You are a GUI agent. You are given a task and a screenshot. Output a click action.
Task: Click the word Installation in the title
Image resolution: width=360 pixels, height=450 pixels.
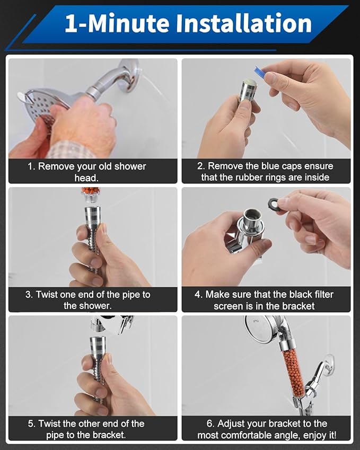[244, 23]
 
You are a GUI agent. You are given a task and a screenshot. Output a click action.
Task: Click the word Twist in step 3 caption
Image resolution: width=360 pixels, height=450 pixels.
[47, 295]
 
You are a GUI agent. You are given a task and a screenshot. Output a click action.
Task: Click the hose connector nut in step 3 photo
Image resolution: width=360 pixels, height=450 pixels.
[93, 218]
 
